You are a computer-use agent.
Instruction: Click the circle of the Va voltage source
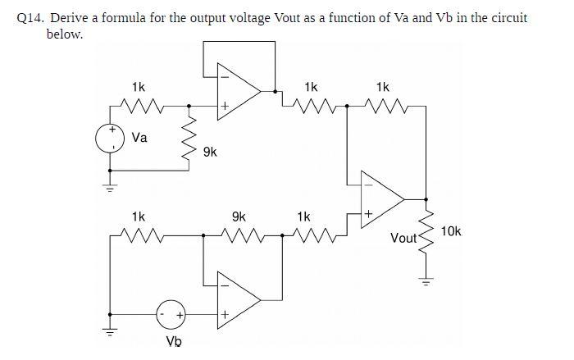[x=109, y=139]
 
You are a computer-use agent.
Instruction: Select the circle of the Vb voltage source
[x=171, y=314]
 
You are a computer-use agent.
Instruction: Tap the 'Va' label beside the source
[x=139, y=138]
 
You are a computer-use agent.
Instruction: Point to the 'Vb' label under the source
[x=174, y=342]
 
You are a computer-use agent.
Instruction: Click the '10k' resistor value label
[x=451, y=231]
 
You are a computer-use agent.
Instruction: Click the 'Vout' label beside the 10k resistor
[x=405, y=238]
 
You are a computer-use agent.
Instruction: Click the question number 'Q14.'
[x=31, y=18]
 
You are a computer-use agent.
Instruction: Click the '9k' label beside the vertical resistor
[x=210, y=152]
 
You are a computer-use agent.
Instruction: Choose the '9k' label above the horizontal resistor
[x=238, y=217]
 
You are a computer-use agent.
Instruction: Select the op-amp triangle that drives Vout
[x=383, y=198]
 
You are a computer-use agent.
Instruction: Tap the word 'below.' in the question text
[x=65, y=34]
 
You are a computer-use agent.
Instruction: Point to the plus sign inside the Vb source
[x=179, y=314]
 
